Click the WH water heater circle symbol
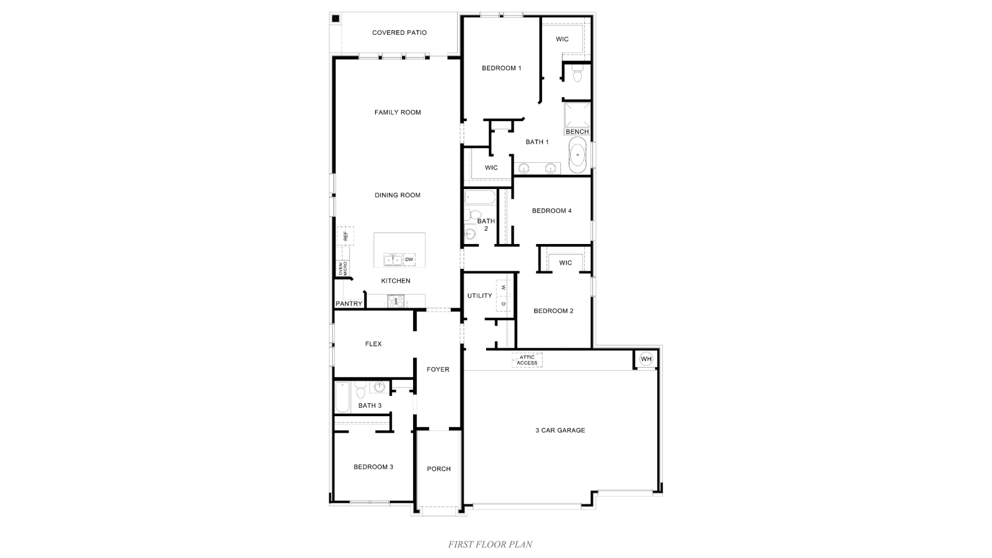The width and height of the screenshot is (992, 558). point(646,359)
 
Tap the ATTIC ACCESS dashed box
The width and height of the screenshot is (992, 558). point(527,360)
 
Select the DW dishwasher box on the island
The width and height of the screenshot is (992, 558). point(409,259)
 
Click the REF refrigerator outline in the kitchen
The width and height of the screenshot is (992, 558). point(346,236)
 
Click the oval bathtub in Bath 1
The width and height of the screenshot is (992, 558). point(577,155)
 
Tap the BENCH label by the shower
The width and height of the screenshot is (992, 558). point(577,131)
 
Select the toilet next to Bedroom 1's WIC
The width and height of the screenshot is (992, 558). point(577,74)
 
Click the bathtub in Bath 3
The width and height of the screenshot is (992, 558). point(342,397)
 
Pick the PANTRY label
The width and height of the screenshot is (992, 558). point(349,304)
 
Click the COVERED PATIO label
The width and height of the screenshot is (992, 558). point(399,33)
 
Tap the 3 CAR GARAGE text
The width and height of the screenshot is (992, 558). point(560,431)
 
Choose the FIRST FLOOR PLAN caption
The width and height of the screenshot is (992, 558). point(490,545)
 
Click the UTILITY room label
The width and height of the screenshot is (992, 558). point(480,296)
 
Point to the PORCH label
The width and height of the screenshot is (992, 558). point(438,469)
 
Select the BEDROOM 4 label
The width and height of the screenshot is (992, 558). point(552,211)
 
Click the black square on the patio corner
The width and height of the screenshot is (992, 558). point(335,19)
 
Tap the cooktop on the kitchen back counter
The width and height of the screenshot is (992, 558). point(396,301)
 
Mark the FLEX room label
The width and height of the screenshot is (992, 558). point(373,344)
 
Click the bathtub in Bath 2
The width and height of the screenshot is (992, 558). point(480,198)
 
